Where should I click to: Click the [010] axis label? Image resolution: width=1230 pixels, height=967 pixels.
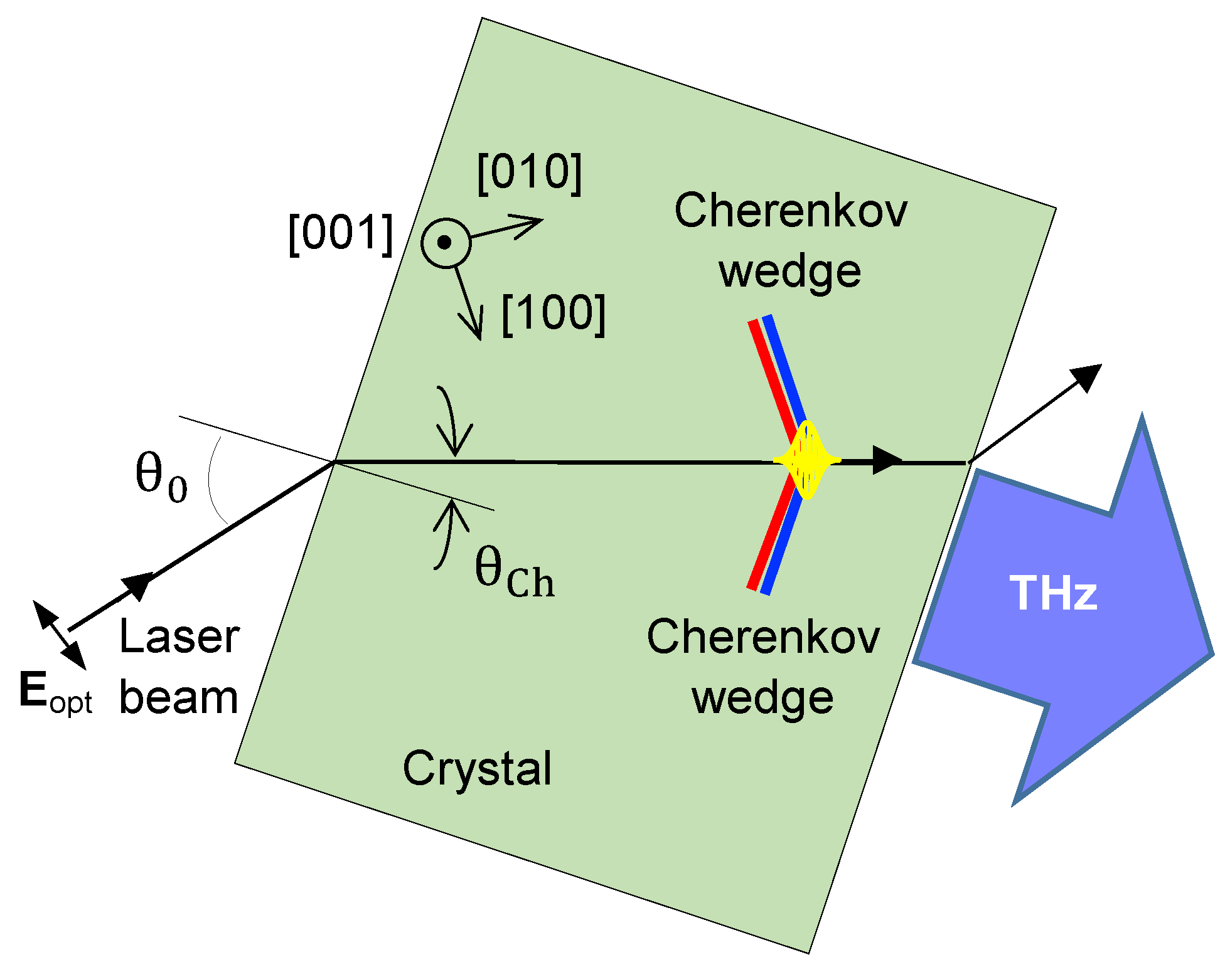(529, 172)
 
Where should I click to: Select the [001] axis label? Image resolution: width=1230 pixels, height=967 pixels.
(341, 233)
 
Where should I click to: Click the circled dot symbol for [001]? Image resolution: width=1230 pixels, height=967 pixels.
(446, 243)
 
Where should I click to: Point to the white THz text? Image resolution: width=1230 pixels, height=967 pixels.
(1053, 593)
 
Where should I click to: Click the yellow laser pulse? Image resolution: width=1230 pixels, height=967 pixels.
(807, 460)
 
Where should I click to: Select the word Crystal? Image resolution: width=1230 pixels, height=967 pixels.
(477, 768)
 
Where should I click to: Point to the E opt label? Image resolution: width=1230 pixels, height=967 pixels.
(55, 692)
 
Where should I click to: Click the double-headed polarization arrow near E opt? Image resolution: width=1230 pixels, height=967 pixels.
(60, 635)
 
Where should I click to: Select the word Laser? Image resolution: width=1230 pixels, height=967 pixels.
(179, 637)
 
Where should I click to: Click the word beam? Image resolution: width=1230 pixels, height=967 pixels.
(179, 697)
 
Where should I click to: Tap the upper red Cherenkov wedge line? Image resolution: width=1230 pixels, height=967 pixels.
(771, 370)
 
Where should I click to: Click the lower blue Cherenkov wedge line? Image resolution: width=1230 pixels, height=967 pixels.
(781, 546)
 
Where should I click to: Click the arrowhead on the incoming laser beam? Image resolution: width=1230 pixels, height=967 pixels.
(139, 584)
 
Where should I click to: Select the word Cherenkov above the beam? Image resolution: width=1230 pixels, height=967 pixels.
(791, 211)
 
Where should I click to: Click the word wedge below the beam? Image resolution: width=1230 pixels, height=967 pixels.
(762, 697)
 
